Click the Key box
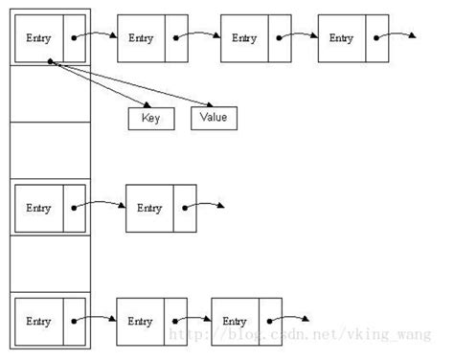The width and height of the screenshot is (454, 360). pyautogui.click(x=149, y=119)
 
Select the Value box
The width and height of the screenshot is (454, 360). pyautogui.click(x=214, y=119)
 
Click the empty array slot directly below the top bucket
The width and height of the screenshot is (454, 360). pyautogui.click(x=49, y=94)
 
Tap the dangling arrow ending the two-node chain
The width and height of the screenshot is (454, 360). pyautogui.click(x=219, y=206)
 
